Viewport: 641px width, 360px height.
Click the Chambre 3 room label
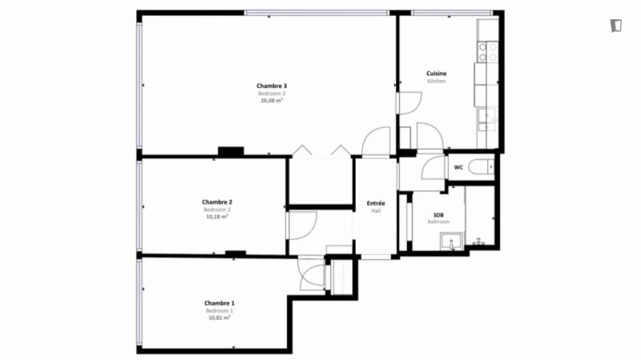[x=272, y=86]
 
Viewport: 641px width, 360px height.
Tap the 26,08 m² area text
[x=272, y=100]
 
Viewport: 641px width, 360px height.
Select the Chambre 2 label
[x=217, y=202]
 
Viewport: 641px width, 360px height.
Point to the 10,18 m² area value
[x=217, y=216]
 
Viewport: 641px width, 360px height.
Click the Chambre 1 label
[x=220, y=303]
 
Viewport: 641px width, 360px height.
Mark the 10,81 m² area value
[x=220, y=318]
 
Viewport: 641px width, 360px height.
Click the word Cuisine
[x=437, y=74]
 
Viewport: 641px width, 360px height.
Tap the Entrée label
[x=376, y=204]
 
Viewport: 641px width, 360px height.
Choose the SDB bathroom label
[x=438, y=215]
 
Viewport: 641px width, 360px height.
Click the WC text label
[x=458, y=168]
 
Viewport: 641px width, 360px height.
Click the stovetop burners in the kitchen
[x=488, y=52]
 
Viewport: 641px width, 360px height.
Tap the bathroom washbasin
[x=451, y=241]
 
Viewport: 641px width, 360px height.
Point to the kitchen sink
[x=487, y=119]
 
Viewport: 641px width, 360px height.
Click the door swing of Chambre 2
[x=303, y=225]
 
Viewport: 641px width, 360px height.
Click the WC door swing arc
[x=433, y=168]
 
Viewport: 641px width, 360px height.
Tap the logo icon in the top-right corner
[x=616, y=26]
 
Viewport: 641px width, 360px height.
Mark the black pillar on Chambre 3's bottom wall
[x=231, y=152]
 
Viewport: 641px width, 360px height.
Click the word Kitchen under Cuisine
[x=437, y=82]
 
